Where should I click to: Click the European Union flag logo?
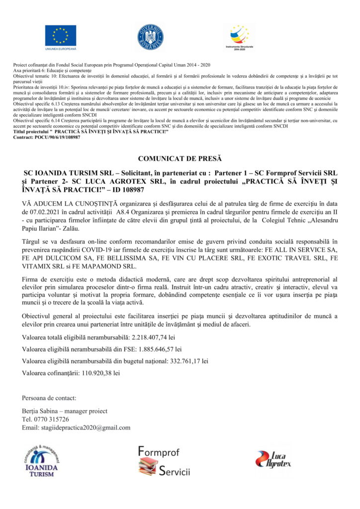(61, 35)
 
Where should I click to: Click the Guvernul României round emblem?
(151, 37)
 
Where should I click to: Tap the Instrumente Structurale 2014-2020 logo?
(240, 35)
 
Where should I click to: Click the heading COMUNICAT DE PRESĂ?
(180, 159)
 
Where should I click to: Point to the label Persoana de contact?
(49, 398)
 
